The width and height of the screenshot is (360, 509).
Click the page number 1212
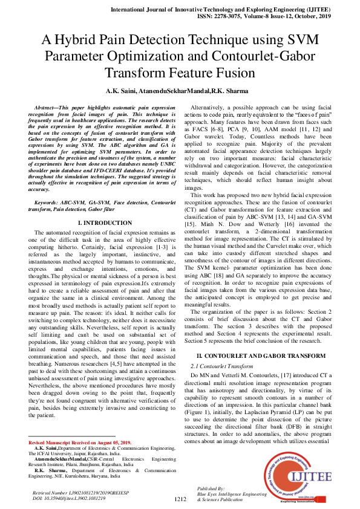pyautogui.click(x=180, y=499)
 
